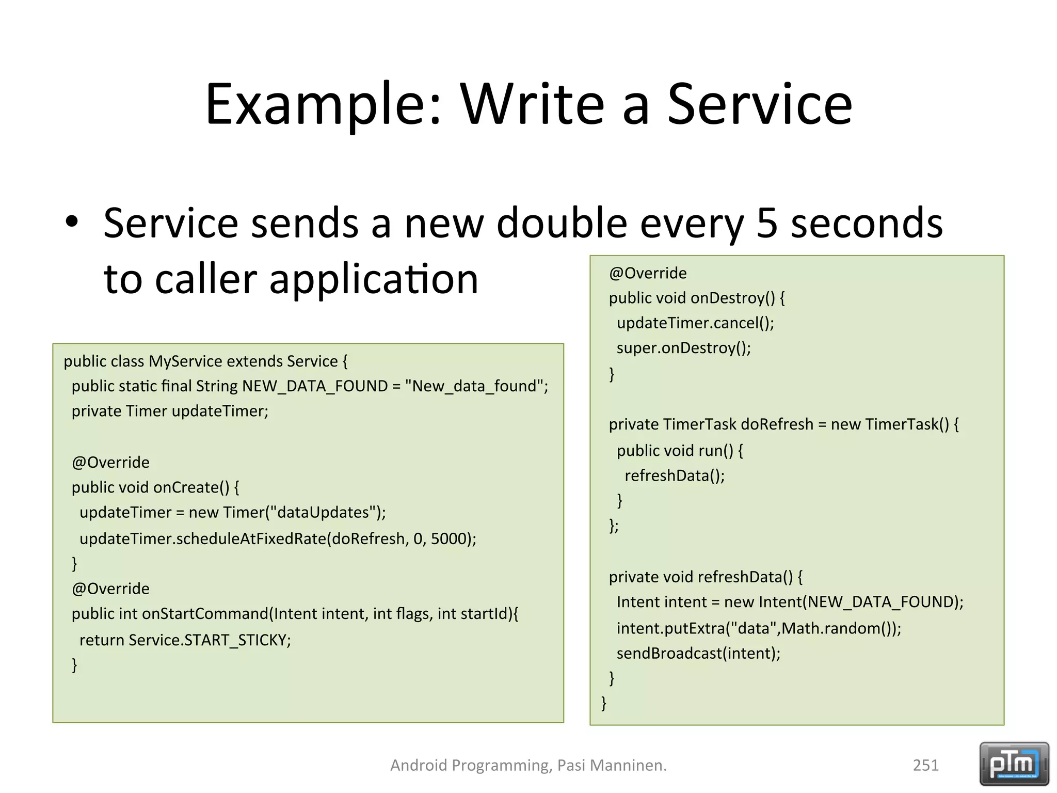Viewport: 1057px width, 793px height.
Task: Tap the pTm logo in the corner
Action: (x=1014, y=764)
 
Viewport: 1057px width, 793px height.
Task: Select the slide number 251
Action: (x=925, y=765)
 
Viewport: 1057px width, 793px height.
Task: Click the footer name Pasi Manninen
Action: (x=612, y=765)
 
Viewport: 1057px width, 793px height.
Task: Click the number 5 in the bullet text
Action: (x=767, y=223)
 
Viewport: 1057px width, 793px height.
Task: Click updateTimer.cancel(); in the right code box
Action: (x=695, y=323)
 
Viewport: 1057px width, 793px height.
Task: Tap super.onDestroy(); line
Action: (x=683, y=348)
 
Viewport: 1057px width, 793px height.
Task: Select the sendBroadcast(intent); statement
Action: (x=698, y=654)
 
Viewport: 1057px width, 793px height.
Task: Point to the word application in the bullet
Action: (x=374, y=279)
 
